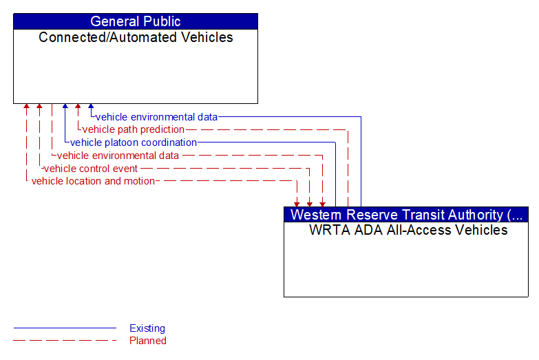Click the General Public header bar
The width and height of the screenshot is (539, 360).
135,21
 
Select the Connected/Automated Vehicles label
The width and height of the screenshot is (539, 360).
136,37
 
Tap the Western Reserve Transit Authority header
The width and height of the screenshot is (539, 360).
405,214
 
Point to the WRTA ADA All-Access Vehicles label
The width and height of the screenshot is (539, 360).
408,230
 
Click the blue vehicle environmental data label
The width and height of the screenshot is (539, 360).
156,117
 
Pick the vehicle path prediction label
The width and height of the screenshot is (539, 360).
134,129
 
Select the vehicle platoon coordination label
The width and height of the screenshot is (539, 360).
134,142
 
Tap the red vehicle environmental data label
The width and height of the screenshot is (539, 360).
118,156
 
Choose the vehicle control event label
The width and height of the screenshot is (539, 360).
90,169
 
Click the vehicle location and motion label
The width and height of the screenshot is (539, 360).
93,181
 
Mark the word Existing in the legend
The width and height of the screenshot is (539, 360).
147,328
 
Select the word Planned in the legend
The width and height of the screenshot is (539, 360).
148,340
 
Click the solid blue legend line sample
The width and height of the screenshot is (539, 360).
65,328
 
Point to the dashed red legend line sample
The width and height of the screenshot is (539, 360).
65,340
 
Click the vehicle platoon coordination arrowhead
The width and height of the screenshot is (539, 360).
65,107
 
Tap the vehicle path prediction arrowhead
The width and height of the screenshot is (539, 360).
78,107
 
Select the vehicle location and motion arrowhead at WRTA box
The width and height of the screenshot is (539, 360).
297,204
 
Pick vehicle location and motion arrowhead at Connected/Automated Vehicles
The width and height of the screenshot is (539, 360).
26,107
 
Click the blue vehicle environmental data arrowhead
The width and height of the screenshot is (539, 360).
91,107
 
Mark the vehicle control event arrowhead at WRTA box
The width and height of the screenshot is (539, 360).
310,204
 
